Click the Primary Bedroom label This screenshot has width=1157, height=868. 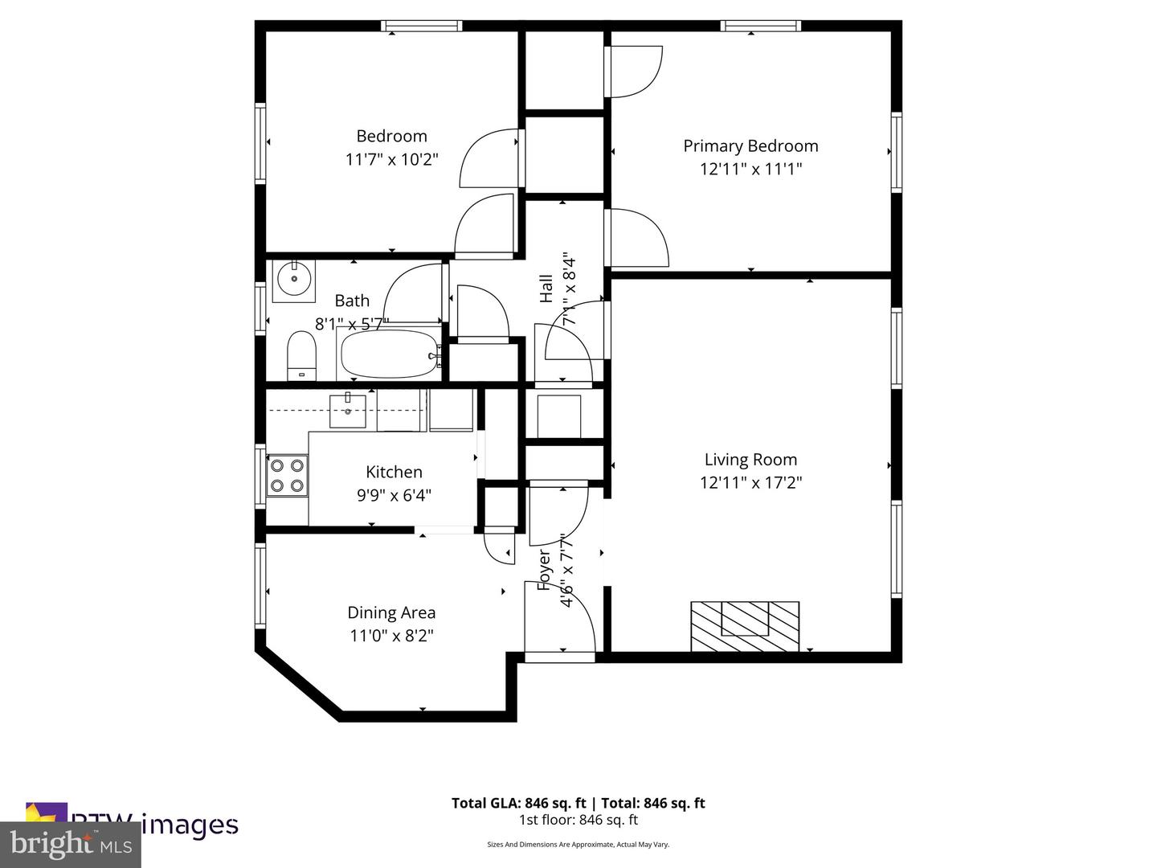point(750,145)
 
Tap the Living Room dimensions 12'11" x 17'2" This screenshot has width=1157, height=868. point(750,482)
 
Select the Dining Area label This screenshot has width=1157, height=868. point(391,612)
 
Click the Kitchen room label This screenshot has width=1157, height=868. point(394,472)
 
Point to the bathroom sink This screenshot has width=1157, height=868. point(293,280)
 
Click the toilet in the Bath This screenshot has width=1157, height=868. point(301,357)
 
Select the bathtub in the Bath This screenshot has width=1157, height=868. point(390,354)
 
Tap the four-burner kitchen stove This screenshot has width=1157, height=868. point(287,475)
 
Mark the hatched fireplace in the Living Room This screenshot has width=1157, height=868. point(745,626)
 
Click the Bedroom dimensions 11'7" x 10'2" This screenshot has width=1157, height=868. point(391,159)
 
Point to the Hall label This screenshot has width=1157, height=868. point(546,289)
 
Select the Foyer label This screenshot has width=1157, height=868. point(544,571)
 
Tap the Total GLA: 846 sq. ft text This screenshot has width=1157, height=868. point(519,803)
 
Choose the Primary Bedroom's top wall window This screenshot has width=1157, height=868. point(761,26)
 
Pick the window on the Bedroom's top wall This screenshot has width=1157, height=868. point(421,26)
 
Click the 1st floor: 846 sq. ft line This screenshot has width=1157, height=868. point(578,820)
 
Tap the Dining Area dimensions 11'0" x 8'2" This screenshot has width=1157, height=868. point(391,636)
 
